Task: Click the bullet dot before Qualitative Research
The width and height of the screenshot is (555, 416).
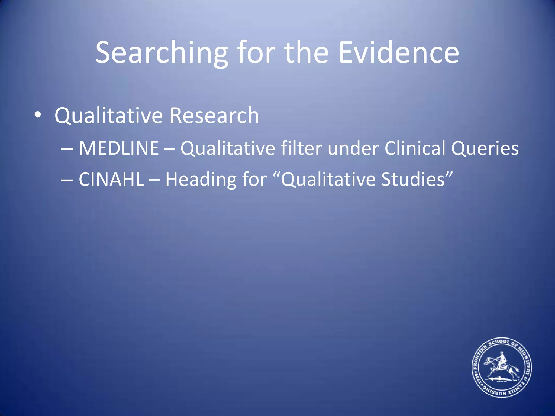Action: click(x=38, y=115)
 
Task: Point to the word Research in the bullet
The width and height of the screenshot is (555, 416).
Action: click(x=214, y=115)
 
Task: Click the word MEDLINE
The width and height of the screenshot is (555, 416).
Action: click(x=119, y=148)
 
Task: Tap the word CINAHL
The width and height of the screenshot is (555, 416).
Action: click(x=111, y=179)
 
